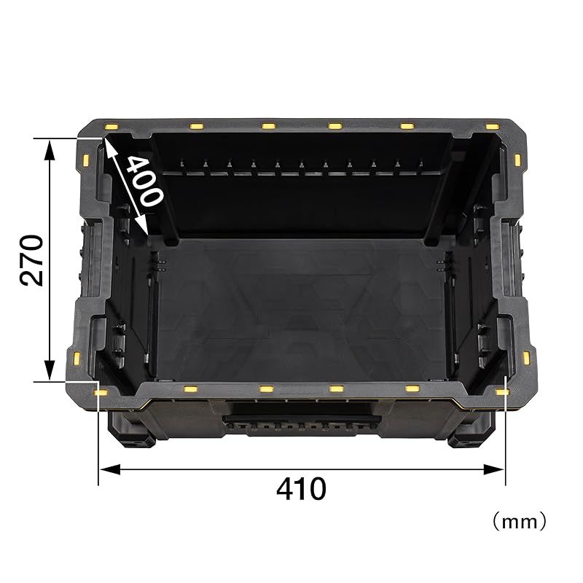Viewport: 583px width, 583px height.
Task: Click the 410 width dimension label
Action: pyautogui.click(x=301, y=489)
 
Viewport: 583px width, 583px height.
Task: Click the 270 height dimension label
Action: pyautogui.click(x=31, y=260)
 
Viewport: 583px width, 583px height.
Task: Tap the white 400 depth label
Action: pyautogui.click(x=145, y=181)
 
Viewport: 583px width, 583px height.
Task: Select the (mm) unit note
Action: pyautogui.click(x=520, y=522)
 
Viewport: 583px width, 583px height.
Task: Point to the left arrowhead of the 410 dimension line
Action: pyautogui.click(x=110, y=469)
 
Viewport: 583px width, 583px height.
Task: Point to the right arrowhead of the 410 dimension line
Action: pyautogui.click(x=494, y=469)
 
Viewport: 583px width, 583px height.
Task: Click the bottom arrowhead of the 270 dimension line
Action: pyautogui.click(x=50, y=370)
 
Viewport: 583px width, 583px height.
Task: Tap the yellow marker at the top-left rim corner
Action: pyautogui.click(x=111, y=126)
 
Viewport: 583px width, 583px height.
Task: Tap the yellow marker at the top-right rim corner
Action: pyautogui.click(x=493, y=126)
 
